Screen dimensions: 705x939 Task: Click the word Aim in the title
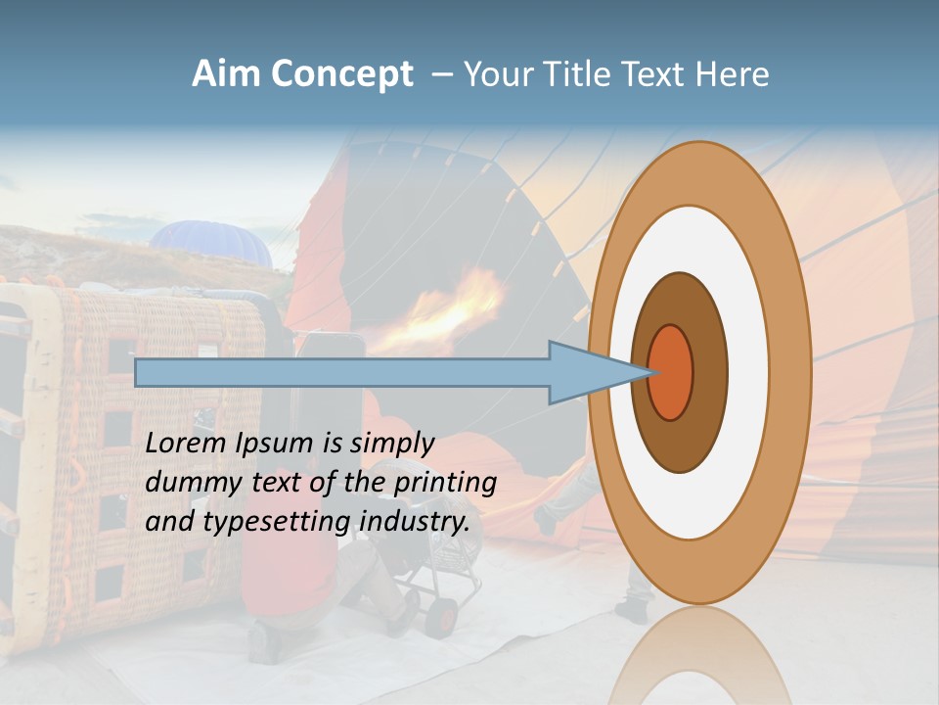[x=227, y=74]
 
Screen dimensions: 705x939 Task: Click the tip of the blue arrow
[x=649, y=372]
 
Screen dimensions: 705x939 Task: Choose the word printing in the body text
[x=444, y=483]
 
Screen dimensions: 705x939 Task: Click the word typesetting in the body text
[x=278, y=522]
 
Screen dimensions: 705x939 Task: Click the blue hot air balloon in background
[x=211, y=242]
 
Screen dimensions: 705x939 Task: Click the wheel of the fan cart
[x=442, y=616]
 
